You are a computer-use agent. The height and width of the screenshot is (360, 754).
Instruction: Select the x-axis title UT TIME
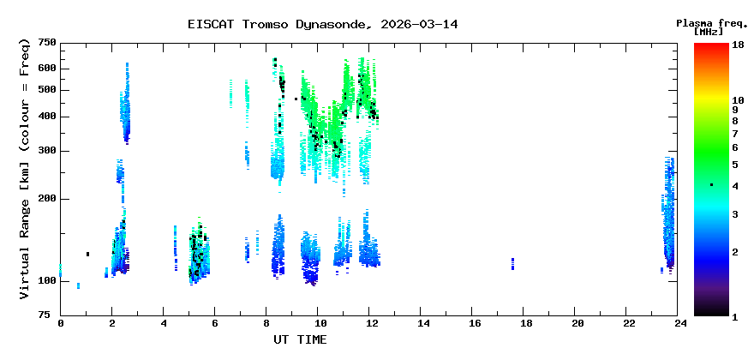click(x=300, y=340)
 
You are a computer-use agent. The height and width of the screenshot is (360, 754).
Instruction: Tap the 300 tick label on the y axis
click(x=47, y=152)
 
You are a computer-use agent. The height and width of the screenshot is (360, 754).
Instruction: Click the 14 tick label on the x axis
click(x=422, y=323)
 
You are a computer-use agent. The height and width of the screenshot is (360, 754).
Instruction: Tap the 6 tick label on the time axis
click(x=216, y=323)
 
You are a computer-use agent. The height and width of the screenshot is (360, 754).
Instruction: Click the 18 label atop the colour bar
click(x=738, y=45)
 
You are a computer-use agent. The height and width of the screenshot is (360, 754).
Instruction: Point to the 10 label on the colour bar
click(x=738, y=100)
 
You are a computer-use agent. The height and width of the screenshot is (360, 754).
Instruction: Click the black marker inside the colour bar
click(x=711, y=185)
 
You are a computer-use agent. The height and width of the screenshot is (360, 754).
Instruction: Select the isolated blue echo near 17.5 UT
click(x=512, y=263)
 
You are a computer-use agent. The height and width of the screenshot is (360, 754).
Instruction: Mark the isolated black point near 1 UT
click(x=87, y=254)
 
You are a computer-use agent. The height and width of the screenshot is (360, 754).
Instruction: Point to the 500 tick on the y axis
click(x=47, y=90)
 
